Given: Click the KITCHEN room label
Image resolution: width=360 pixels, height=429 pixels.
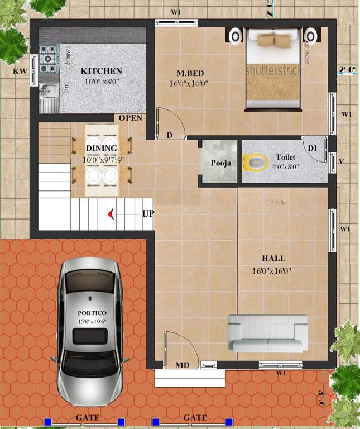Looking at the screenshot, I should (x=101, y=71).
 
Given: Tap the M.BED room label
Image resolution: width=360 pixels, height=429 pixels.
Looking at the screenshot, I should (x=189, y=73).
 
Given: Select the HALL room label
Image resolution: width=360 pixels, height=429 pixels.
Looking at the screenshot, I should (x=273, y=259).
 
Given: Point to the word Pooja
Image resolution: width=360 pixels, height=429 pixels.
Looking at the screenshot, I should (x=221, y=164).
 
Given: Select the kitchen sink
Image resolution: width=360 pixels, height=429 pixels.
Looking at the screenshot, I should (x=49, y=96).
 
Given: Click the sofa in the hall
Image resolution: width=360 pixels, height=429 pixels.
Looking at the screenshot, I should (x=268, y=333).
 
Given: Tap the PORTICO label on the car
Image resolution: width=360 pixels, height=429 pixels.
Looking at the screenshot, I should (x=92, y=312).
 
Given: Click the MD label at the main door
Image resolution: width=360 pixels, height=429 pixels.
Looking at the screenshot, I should (x=183, y=365).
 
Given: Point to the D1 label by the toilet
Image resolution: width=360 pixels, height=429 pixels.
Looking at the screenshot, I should (x=313, y=148).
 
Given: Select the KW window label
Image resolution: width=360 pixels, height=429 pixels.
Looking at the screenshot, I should (x=20, y=71).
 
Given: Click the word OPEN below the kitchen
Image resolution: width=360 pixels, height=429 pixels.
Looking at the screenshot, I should (x=130, y=118).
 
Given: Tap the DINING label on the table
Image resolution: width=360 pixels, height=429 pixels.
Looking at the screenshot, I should (x=102, y=148).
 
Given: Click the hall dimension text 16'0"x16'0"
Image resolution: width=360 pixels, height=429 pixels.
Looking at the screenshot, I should (x=272, y=271).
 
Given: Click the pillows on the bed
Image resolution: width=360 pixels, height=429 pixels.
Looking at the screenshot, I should (x=273, y=40).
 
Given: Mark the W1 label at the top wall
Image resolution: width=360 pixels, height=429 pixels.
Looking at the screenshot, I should (x=176, y=12).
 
